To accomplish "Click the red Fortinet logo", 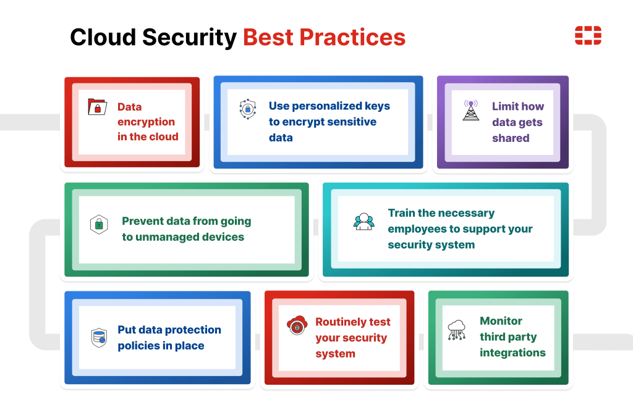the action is [x=588, y=35].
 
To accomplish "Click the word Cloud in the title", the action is [x=103, y=37].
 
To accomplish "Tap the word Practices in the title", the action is [x=352, y=37].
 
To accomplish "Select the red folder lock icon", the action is [x=97, y=107].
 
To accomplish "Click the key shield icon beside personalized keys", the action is [x=248, y=109].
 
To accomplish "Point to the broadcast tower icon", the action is [x=470, y=110].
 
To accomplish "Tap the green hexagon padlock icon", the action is [x=99, y=224].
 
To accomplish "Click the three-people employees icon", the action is [x=363, y=222].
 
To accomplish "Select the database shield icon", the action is [x=99, y=338].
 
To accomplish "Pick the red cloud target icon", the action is [x=297, y=325].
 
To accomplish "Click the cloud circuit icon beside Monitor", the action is [x=457, y=330].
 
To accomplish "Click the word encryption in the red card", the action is [x=146, y=122].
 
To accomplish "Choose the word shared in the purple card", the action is [x=511, y=138].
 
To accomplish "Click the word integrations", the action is [x=512, y=353].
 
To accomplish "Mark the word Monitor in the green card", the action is [x=501, y=321].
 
